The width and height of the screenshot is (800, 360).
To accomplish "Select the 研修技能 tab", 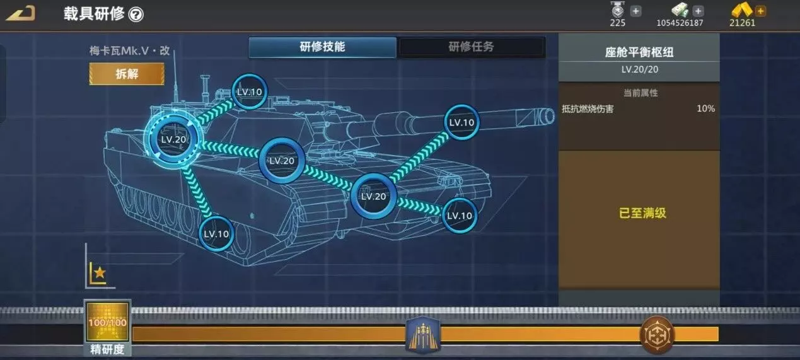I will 322,47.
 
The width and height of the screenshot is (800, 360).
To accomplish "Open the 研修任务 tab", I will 471,47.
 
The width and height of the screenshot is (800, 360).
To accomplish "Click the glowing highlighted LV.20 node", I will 173,139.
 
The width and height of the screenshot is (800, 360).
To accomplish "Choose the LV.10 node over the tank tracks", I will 216,234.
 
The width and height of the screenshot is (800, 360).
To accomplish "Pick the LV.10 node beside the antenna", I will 249,91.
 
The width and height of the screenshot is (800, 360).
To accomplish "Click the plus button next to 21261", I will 760,11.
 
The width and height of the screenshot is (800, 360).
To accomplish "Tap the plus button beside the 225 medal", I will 635,11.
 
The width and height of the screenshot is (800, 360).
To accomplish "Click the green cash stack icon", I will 679,10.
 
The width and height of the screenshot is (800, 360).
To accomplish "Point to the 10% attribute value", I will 705,108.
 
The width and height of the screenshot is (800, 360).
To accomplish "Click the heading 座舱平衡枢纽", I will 639,52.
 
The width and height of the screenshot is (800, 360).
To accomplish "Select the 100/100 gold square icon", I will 107,323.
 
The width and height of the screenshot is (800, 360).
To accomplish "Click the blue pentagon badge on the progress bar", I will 422,334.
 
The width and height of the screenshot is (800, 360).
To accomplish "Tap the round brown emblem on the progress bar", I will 657,334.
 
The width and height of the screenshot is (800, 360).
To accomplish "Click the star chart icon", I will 98,272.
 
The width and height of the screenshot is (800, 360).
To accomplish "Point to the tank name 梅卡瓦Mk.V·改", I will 129,52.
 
